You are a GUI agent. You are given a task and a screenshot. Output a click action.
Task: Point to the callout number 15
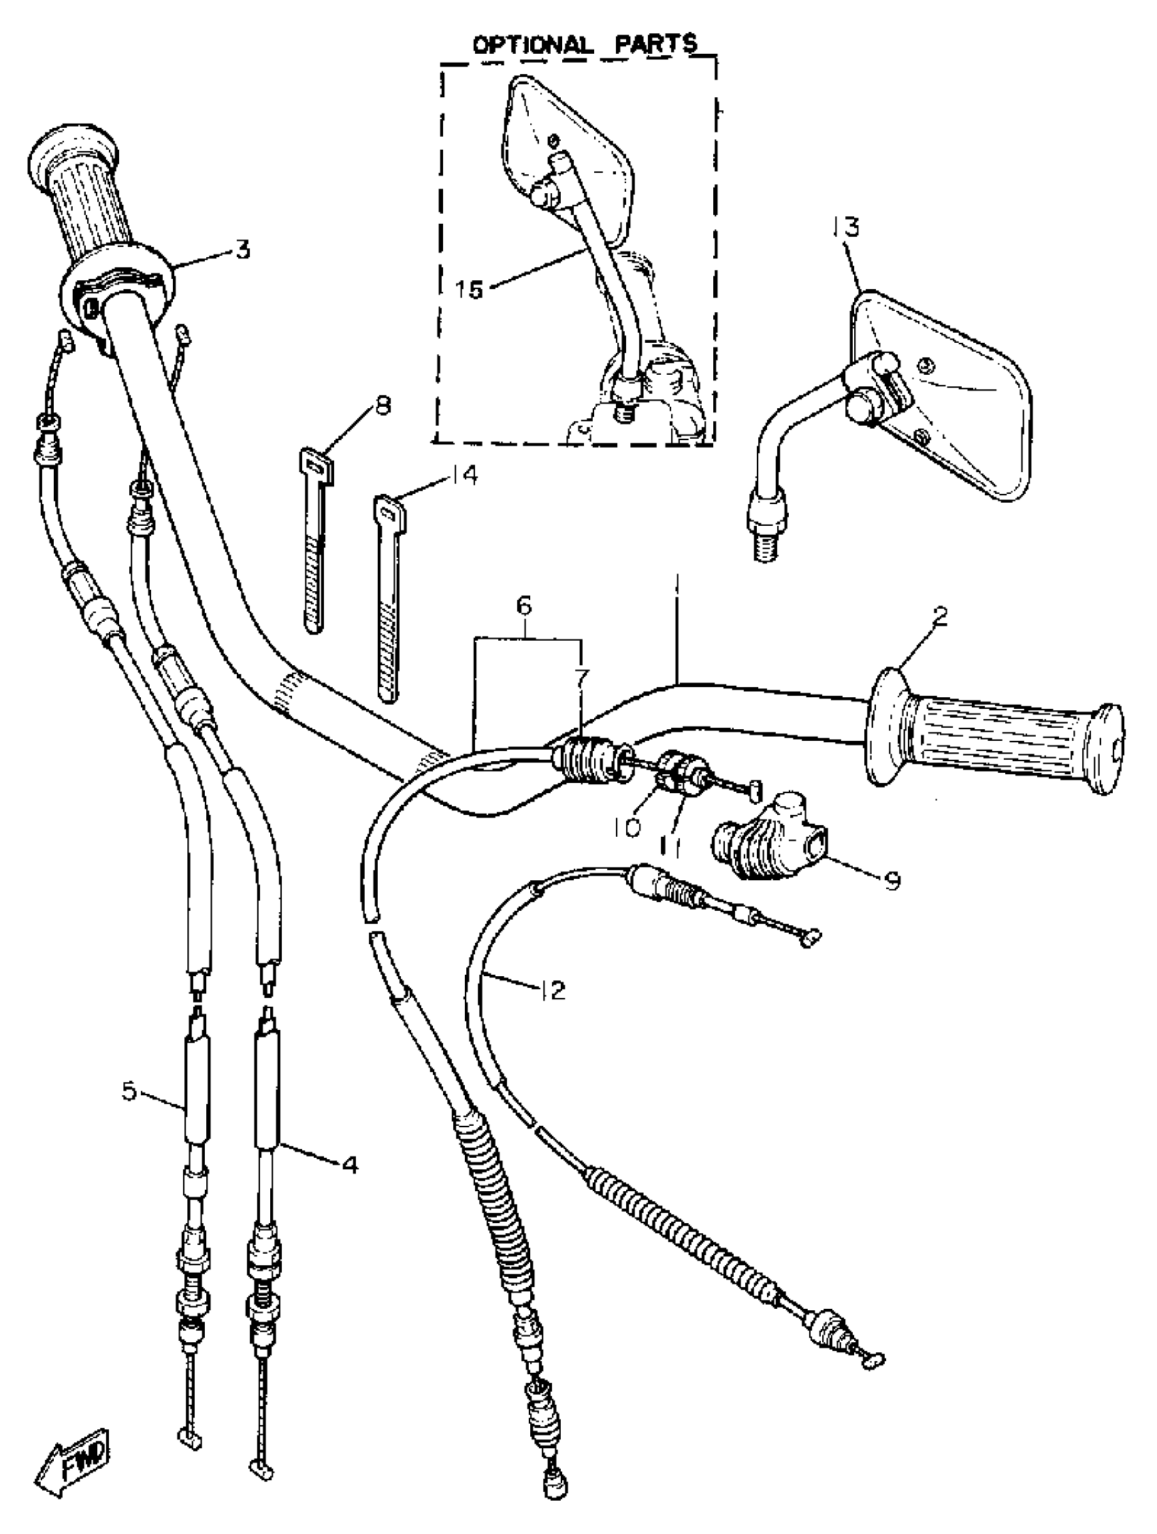pyautogui.click(x=470, y=289)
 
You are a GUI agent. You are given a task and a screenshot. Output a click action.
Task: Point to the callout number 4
pyautogui.click(x=351, y=1165)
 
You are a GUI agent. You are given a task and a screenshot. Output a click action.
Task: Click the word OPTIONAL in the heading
pyautogui.click(x=532, y=45)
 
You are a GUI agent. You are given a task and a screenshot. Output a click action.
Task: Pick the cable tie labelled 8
pyautogui.click(x=314, y=541)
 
